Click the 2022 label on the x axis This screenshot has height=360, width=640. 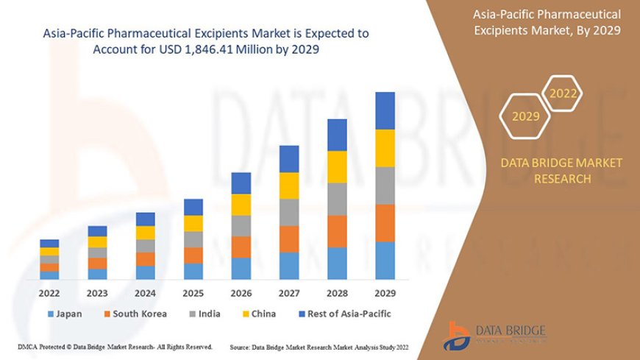coord(49,293)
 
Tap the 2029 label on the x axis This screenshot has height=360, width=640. coord(385,293)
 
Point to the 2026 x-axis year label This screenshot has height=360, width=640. coord(241,293)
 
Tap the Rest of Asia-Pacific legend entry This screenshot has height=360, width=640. coord(341,314)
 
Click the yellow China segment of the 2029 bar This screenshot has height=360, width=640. coord(385,148)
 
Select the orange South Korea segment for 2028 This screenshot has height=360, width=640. coord(337,231)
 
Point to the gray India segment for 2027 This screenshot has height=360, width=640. coord(289,212)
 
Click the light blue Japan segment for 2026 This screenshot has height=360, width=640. coord(241,268)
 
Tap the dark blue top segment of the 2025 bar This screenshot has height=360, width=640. coord(193,207)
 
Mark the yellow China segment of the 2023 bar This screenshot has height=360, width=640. coord(97,242)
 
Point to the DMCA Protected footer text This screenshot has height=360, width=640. coord(115,346)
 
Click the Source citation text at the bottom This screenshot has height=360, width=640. coord(319,346)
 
